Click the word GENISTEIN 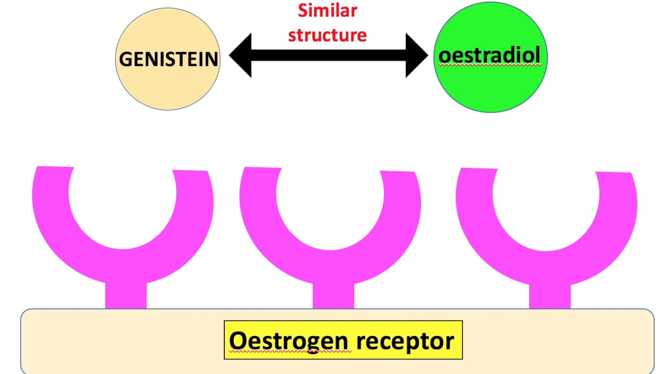point(168,59)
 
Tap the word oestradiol point(489,55)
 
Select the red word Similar point(327,10)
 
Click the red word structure point(327,35)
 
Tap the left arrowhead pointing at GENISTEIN point(240,56)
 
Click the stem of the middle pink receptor point(333,296)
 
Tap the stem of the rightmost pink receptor point(549,296)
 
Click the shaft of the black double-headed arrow point(328,56)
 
